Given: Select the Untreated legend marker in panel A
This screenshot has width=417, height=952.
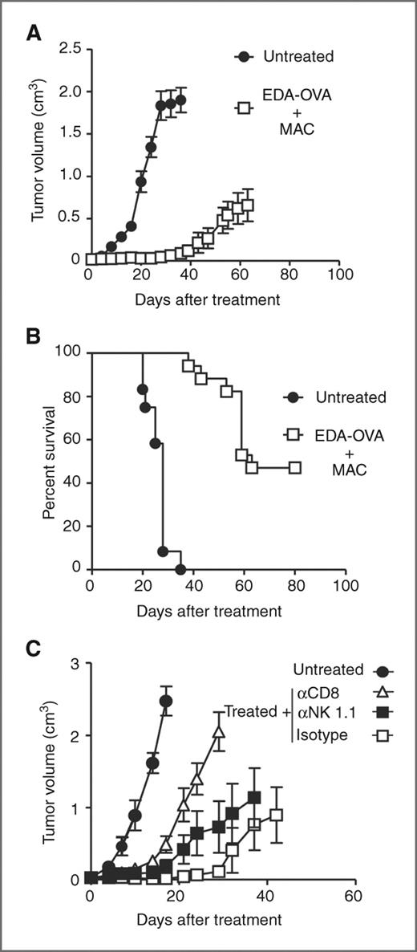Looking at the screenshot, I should point(245,57).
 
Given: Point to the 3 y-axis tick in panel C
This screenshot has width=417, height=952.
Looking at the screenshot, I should point(74,664).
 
